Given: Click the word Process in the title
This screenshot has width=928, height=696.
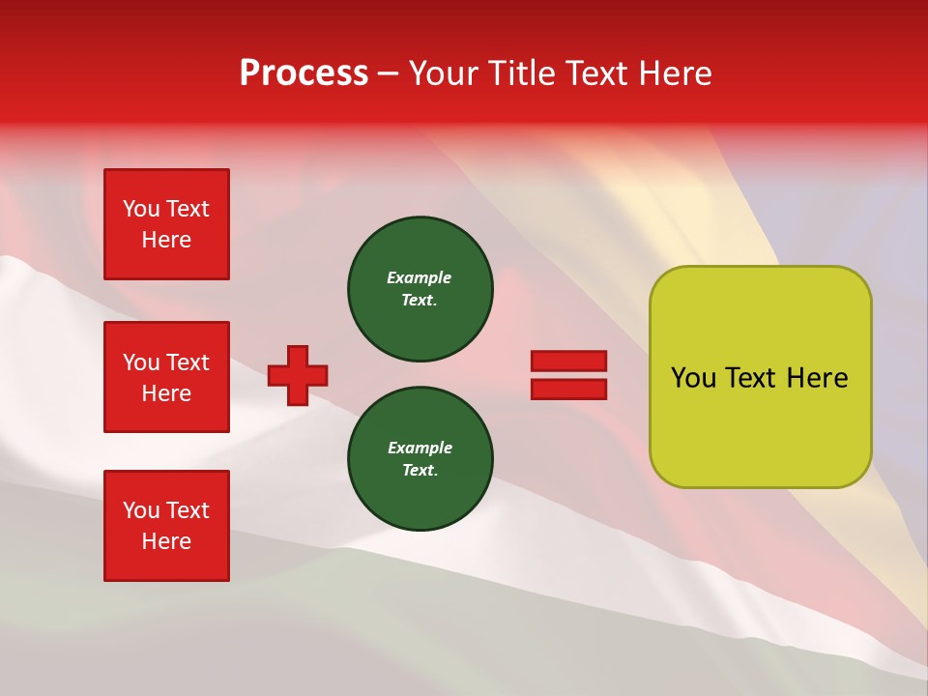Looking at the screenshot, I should (304, 73).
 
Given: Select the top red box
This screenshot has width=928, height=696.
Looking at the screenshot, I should (166, 224).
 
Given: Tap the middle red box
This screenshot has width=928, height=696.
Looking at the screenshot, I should (166, 377).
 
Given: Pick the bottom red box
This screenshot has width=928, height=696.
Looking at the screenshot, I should (166, 526).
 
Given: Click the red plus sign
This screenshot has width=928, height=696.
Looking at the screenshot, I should (298, 375).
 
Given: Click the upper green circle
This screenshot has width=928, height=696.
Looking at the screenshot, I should (420, 289).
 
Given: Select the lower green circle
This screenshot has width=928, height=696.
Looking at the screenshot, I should (420, 459).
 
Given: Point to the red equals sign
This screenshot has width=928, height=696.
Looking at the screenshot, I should (568, 375).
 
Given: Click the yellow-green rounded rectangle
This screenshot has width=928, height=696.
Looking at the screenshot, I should (760, 377).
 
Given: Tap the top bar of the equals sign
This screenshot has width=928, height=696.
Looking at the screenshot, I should (568, 361).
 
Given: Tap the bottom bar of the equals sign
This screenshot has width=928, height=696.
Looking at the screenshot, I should (568, 389).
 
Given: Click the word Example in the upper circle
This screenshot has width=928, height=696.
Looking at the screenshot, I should (419, 277).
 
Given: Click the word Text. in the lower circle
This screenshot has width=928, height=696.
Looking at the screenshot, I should (420, 471).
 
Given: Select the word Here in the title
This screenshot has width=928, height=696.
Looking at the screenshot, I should (677, 73).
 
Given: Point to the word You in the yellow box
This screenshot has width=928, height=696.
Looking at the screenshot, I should (692, 378).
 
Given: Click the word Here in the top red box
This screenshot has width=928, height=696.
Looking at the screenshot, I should (166, 240).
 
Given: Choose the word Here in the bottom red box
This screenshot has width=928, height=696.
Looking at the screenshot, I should (166, 541).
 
